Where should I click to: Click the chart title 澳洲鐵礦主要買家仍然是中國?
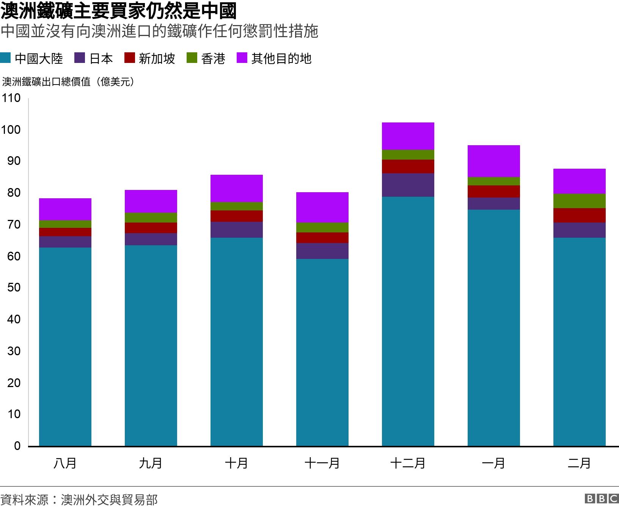click(x=118, y=11)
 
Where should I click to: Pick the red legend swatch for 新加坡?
click(x=130, y=58)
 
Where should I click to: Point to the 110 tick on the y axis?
click(x=11, y=98)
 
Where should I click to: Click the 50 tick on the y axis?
click(x=14, y=288)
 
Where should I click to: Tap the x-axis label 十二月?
click(x=408, y=463)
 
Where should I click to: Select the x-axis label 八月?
click(x=65, y=463)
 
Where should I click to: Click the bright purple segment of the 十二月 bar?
click(x=408, y=136)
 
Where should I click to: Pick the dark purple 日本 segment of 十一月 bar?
click(x=322, y=251)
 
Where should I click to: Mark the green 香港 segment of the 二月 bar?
click(x=579, y=201)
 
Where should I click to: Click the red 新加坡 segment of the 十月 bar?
click(x=236, y=216)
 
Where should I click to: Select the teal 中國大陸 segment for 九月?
click(x=151, y=345)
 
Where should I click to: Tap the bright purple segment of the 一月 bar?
click(x=493, y=161)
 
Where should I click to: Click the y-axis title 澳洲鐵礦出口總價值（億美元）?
click(x=68, y=82)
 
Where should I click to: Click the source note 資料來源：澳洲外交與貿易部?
click(x=79, y=500)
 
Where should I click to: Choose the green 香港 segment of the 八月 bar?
click(x=65, y=224)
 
